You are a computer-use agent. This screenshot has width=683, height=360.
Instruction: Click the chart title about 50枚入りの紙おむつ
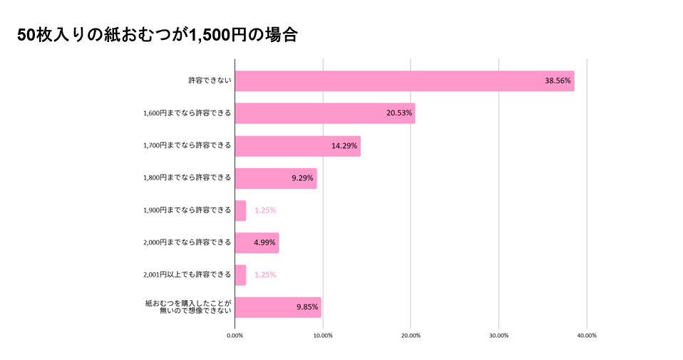click(x=157, y=36)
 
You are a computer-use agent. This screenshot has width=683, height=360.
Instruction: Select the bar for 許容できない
click(x=404, y=81)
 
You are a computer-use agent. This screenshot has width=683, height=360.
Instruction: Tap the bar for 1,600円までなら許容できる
click(x=324, y=113)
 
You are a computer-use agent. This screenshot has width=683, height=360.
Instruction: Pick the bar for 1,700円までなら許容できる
click(x=297, y=146)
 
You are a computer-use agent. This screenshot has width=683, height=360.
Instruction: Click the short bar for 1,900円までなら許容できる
click(x=240, y=210)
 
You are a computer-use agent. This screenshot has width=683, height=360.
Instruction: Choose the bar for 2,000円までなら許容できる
click(x=257, y=242)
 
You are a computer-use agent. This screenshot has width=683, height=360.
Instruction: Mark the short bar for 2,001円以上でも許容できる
click(x=240, y=274)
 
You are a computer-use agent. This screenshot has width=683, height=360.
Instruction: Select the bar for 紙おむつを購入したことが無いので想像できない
click(x=278, y=307)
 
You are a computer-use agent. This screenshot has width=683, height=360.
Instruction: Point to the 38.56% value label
click(x=558, y=81)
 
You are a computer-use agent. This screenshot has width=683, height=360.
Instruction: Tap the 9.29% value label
click(x=302, y=178)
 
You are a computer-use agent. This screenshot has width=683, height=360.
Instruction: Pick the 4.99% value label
click(x=265, y=242)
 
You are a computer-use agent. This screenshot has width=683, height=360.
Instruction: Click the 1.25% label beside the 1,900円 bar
click(x=265, y=210)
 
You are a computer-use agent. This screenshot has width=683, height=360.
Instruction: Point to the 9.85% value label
click(x=307, y=307)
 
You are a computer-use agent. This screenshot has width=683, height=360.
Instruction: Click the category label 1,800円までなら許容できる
click(x=188, y=178)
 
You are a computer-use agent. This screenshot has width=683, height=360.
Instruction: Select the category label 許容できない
click(x=210, y=81)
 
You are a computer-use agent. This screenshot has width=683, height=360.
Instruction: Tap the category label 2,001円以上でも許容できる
click(x=188, y=274)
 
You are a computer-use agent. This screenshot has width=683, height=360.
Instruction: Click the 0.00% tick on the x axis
click(x=235, y=335)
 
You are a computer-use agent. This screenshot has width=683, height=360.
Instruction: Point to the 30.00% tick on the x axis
click(x=499, y=335)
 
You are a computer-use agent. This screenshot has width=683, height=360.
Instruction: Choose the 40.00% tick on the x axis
click(x=587, y=335)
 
